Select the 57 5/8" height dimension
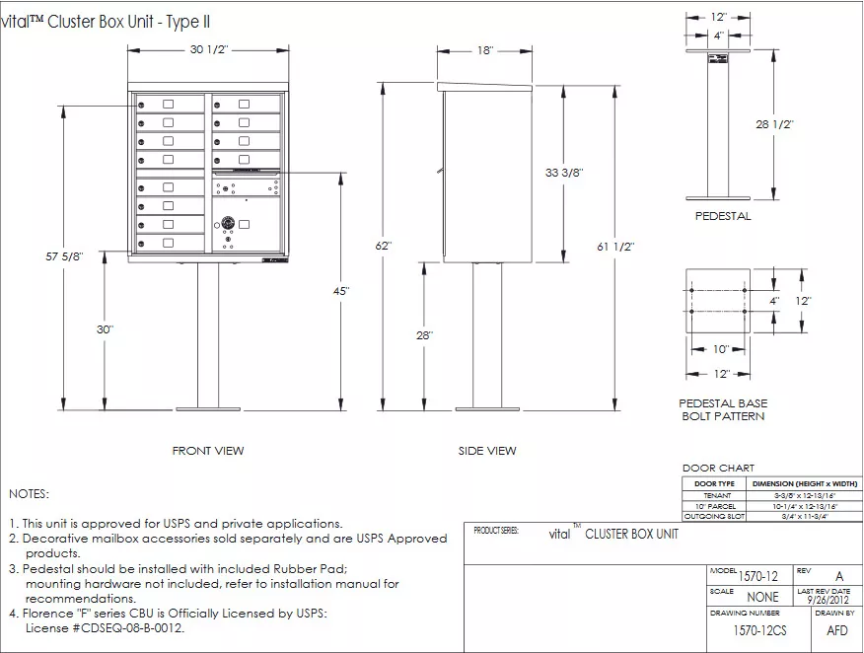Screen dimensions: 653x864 (x=64, y=256)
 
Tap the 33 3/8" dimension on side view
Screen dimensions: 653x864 (x=564, y=172)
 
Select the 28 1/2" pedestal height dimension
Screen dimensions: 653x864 (x=774, y=124)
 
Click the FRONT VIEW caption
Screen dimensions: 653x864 (x=208, y=451)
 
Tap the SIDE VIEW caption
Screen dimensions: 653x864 (x=486, y=451)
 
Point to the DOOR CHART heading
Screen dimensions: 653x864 (x=718, y=468)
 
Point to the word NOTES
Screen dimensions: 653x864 (x=28, y=493)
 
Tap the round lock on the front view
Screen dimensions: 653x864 (x=228, y=225)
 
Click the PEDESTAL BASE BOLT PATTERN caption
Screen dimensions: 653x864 (x=723, y=409)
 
